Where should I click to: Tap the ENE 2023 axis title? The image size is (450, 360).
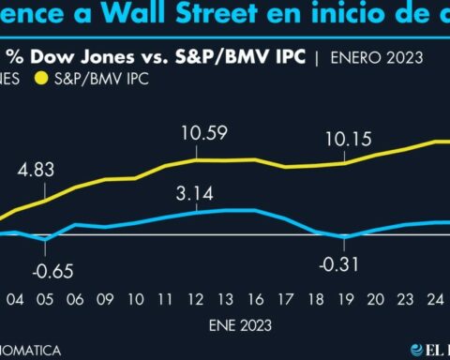click(237, 325)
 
